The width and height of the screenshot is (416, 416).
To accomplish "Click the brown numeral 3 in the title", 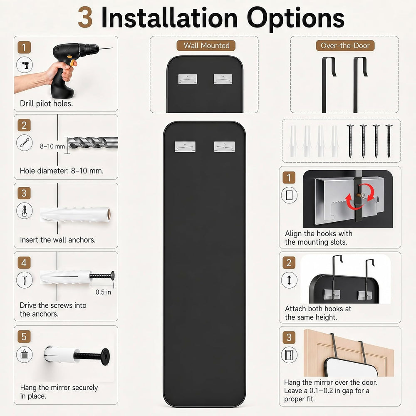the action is (85, 17).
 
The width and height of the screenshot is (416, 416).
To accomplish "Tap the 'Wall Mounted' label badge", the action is (206, 45).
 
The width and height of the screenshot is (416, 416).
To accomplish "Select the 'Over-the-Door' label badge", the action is (345, 46).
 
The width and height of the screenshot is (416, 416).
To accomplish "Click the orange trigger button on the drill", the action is (72, 63).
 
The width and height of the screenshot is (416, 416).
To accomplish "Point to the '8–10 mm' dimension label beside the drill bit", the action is (52, 146).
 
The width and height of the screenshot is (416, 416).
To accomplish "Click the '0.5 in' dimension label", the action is (103, 292).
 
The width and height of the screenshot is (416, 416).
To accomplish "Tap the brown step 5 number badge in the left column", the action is (24, 337).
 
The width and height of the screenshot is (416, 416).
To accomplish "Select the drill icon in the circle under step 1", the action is (25, 65).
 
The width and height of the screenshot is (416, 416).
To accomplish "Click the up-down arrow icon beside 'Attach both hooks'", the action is (289, 280).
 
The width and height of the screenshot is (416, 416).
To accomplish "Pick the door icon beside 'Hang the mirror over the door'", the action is (289, 355).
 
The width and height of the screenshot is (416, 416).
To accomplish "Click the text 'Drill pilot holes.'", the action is (47, 104).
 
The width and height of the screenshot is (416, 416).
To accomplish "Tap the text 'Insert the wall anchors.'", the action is (57, 240).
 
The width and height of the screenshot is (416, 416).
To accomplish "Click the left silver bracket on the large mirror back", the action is (185, 147).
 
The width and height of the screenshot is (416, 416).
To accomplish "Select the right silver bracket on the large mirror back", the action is (225, 147).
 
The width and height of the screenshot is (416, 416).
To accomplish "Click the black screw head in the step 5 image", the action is (105, 357).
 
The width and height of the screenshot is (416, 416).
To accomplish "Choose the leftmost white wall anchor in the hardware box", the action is (293, 141).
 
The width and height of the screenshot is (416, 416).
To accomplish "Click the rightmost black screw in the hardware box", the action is (389, 141).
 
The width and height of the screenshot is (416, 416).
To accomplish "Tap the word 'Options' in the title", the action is (295, 19).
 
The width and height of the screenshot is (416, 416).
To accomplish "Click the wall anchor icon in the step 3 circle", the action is (25, 211).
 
